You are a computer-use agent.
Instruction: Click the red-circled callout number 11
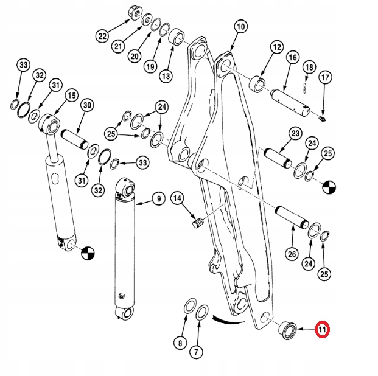(x=321, y=330)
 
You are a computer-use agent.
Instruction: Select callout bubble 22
(x=102, y=36)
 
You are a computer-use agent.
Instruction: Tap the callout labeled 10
(x=240, y=27)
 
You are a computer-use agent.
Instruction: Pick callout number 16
(x=292, y=58)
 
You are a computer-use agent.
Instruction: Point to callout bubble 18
(x=309, y=67)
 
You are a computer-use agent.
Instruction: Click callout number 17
(x=325, y=77)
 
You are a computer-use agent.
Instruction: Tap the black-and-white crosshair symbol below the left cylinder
(x=86, y=252)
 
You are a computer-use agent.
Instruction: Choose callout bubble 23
(x=296, y=133)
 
